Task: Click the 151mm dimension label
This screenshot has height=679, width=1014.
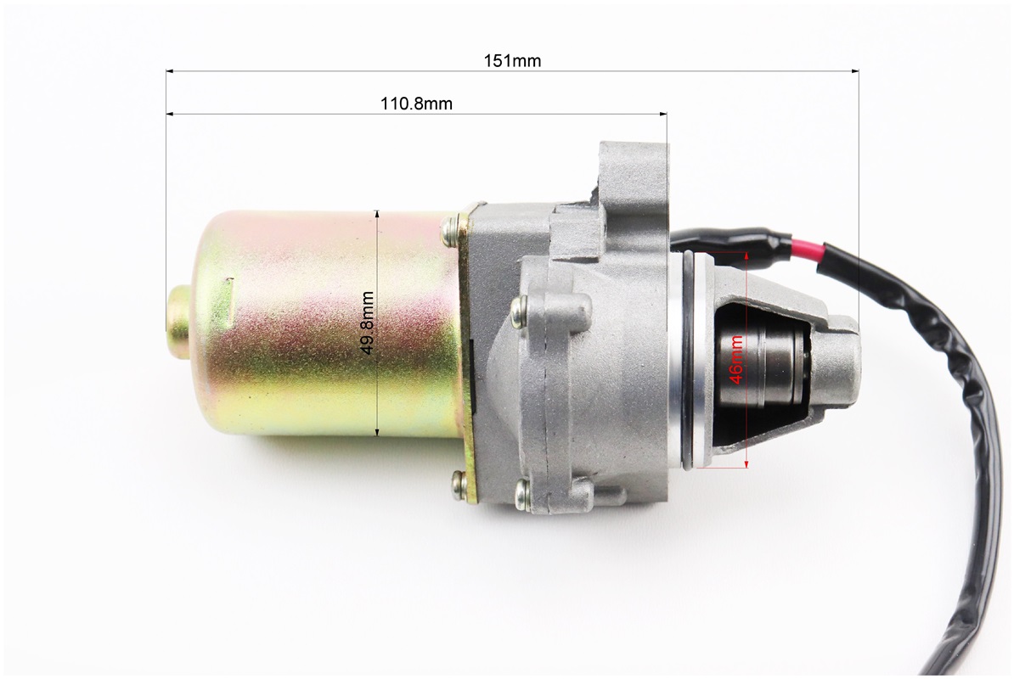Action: [x=512, y=61]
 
